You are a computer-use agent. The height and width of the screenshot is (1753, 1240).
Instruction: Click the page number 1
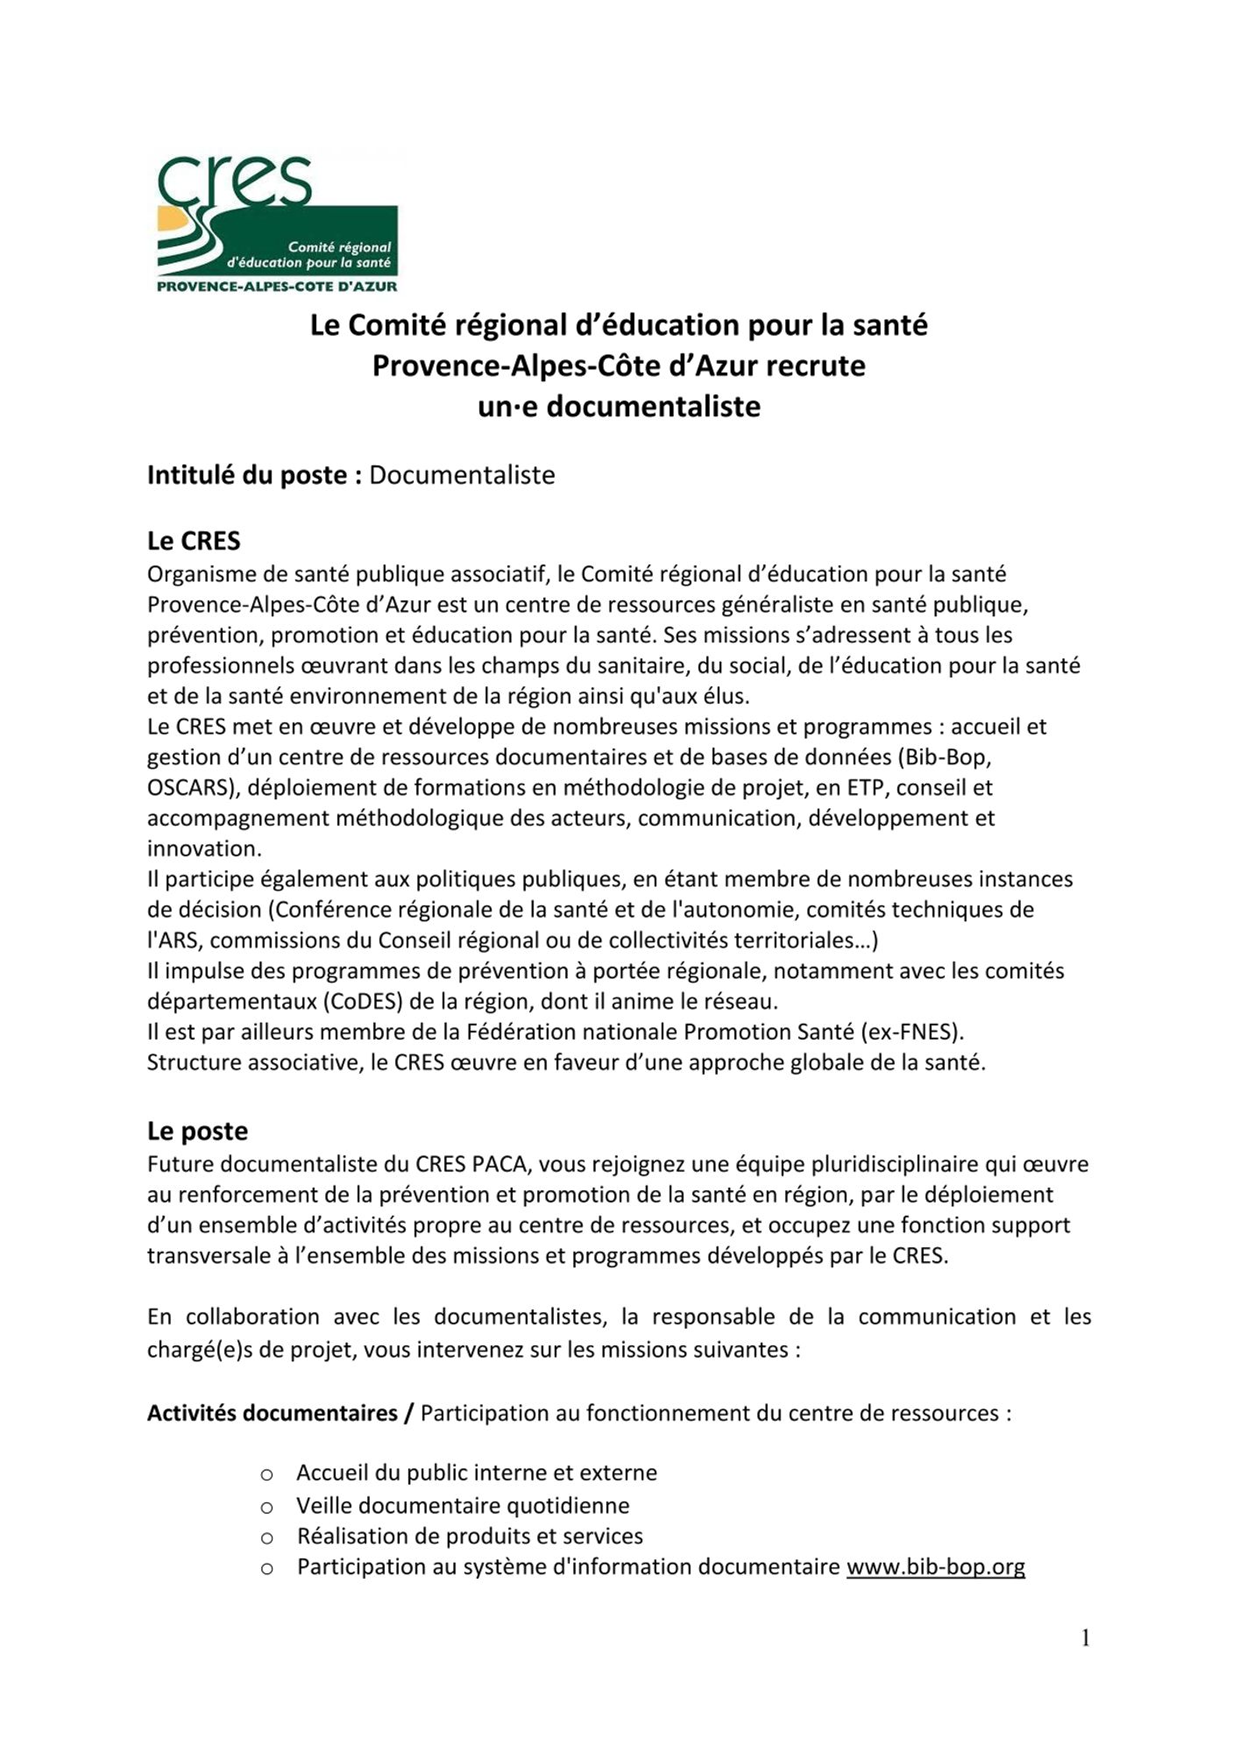click(1085, 1638)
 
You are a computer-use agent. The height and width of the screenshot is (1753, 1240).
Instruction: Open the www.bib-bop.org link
click(935, 1566)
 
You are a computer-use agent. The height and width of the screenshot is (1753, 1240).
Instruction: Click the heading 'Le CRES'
click(194, 541)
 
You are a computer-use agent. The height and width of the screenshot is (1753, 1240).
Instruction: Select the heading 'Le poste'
click(197, 1131)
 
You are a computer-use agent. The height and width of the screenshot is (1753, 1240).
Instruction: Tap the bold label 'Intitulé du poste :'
click(254, 475)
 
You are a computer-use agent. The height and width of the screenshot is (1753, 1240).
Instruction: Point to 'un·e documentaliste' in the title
click(619, 407)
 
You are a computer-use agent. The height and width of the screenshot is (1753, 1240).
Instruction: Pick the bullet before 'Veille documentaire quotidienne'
click(267, 1508)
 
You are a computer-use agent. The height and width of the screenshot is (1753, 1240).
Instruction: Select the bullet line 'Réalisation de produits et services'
click(470, 1536)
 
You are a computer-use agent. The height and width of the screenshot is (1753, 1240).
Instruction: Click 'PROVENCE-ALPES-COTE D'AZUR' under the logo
click(276, 286)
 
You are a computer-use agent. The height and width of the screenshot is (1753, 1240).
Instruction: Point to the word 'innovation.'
click(204, 848)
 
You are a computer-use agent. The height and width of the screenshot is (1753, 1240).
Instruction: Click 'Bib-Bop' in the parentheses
click(949, 756)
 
